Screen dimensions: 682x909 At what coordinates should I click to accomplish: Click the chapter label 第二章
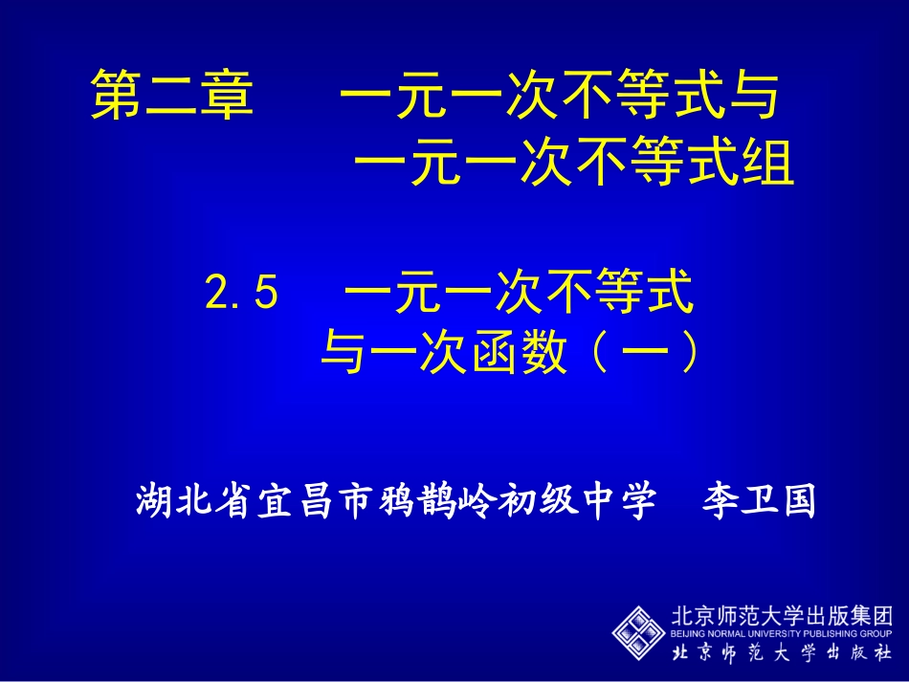(x=173, y=99)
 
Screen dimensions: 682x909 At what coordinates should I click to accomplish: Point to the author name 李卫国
(x=759, y=499)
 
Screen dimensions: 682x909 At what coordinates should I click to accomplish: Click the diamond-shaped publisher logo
(x=638, y=630)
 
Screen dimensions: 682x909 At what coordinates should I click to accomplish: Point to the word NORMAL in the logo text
(x=726, y=633)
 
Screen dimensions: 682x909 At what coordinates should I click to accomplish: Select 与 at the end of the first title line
(x=755, y=99)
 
